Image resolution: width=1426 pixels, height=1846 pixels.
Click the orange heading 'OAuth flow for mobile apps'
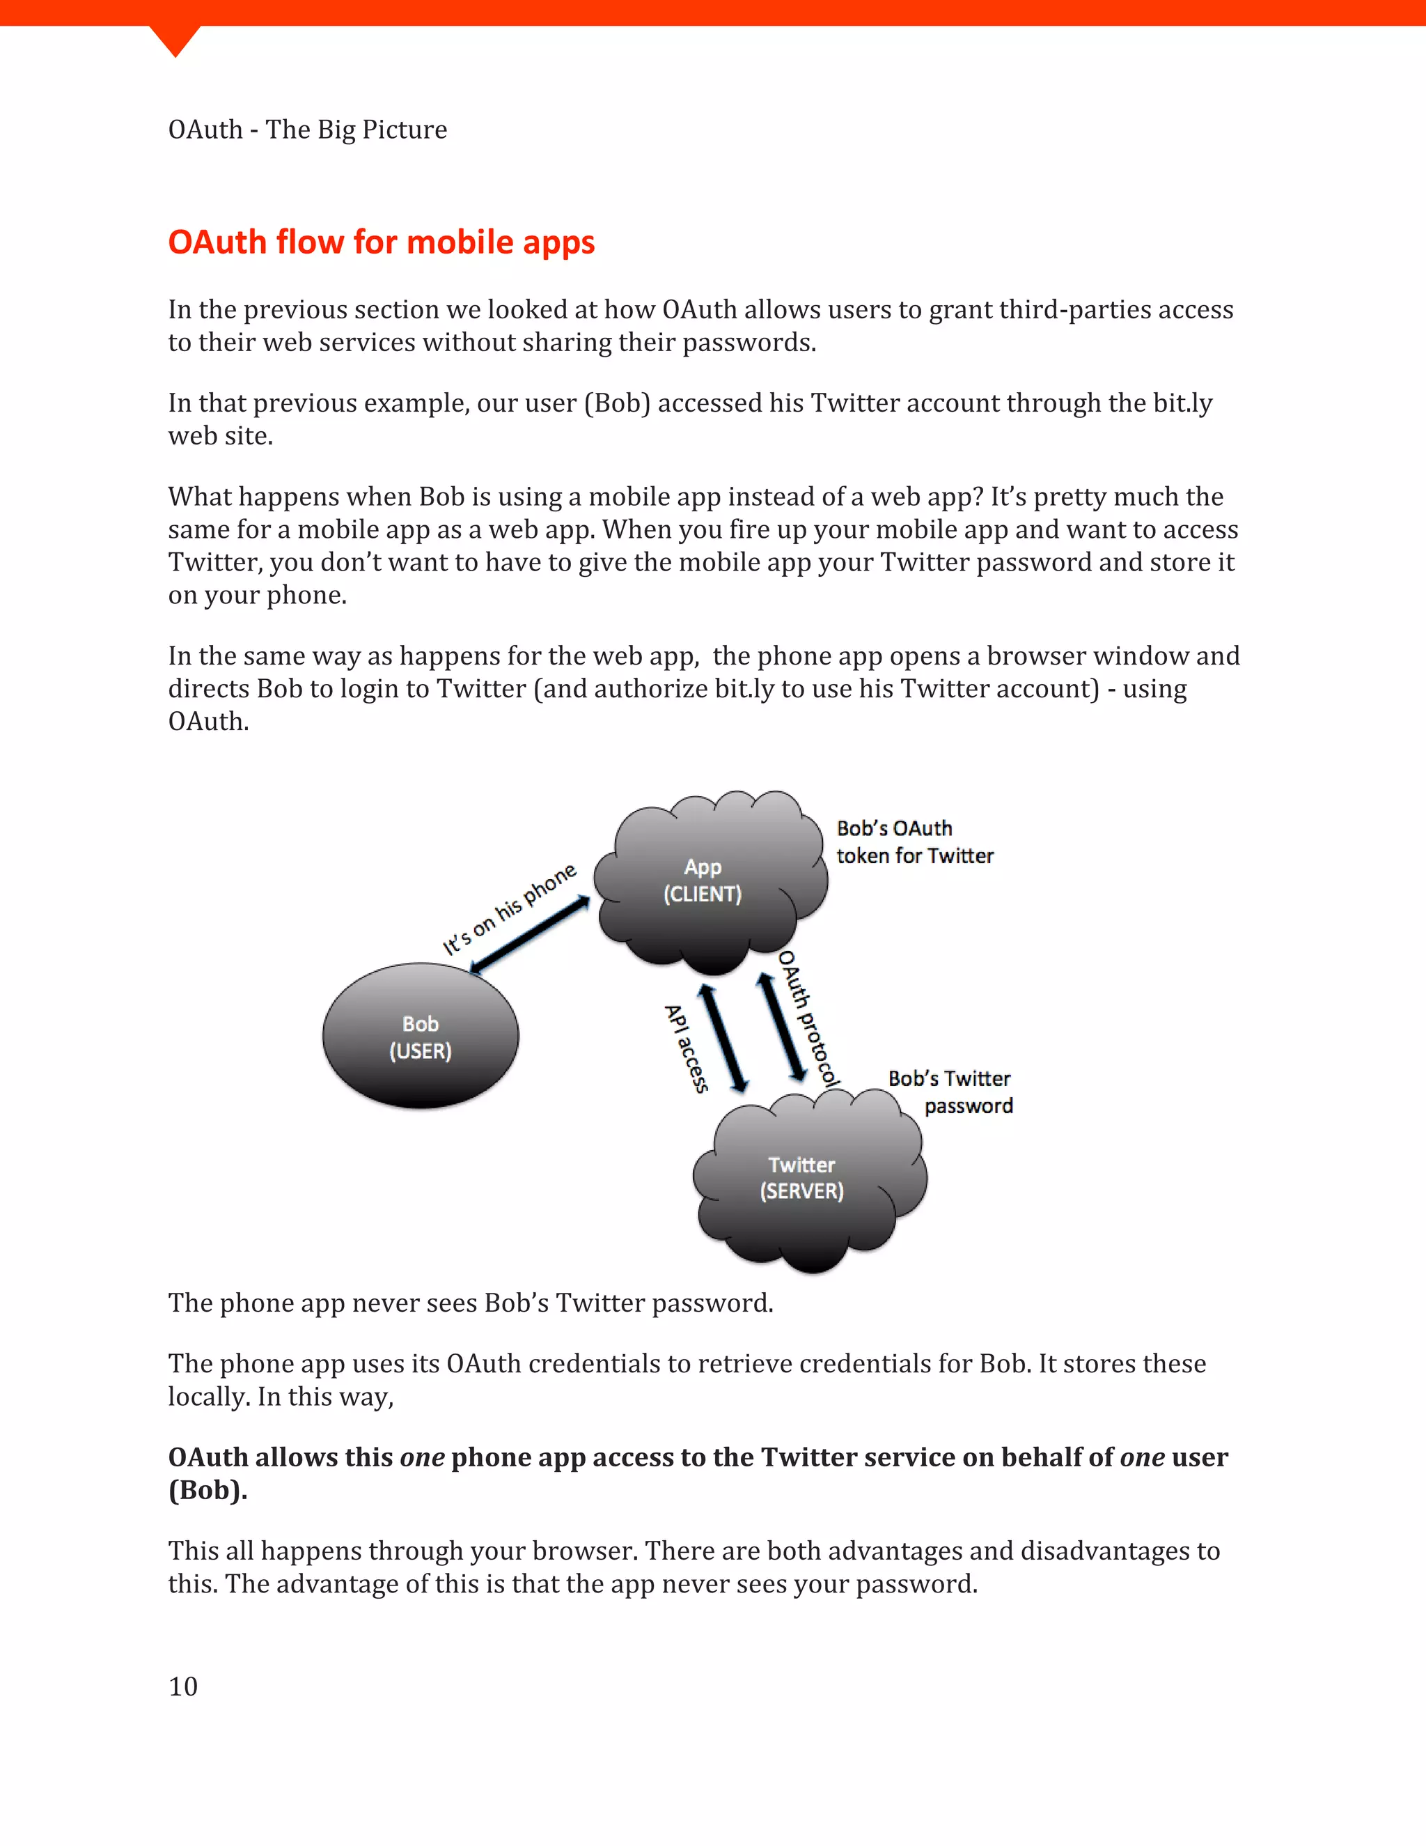381,242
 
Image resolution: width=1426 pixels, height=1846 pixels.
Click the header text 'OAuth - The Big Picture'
308,130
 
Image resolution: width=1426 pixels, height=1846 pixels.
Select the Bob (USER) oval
420,1037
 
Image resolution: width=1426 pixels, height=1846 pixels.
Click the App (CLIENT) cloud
702,881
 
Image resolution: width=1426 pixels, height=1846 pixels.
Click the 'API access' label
686,1048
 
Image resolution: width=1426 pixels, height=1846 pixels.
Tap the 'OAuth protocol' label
808,1018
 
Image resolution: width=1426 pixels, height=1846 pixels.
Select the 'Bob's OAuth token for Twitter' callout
914,842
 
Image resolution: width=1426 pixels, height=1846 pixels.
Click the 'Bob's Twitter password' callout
950,1092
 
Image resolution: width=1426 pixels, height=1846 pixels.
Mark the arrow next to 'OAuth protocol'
781,1027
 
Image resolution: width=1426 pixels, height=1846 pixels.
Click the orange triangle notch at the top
175,39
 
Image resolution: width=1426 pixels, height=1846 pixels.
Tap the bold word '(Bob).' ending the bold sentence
207,1490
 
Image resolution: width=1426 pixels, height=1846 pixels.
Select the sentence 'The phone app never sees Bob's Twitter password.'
471,1303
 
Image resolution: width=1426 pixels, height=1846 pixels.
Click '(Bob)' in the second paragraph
617,403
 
